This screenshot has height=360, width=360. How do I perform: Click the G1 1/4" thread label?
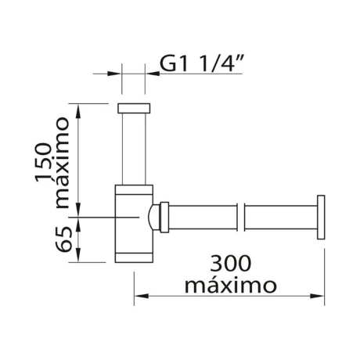coord(201,63)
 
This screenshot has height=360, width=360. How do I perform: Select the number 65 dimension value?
coord(63,239)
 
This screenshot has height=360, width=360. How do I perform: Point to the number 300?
coord(231,264)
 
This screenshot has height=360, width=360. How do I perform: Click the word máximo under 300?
coord(230,286)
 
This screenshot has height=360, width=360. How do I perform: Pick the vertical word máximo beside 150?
coord(61,163)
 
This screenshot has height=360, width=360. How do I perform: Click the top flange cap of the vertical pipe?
coord(134,108)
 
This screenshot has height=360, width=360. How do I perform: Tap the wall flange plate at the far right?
coord(321,217)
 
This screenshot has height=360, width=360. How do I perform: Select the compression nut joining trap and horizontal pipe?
coord(164,218)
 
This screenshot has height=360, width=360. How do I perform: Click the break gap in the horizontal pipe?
coord(241,218)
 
